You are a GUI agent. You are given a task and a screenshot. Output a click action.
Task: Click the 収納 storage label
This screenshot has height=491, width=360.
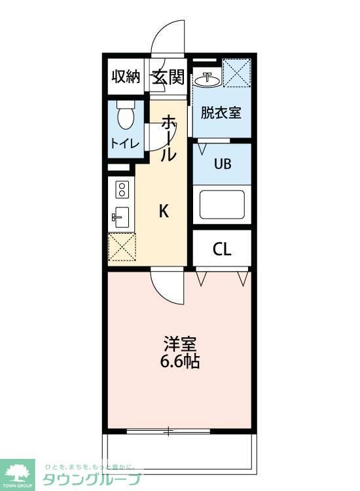(x=126, y=77)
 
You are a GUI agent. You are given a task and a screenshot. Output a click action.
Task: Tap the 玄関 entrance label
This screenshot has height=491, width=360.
(x=169, y=77)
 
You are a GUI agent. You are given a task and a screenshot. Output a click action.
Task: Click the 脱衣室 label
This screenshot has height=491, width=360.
(x=221, y=112)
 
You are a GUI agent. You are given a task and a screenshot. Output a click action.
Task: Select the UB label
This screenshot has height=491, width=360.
(x=222, y=164)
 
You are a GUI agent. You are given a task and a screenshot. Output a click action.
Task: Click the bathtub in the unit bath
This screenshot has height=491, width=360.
(x=222, y=205)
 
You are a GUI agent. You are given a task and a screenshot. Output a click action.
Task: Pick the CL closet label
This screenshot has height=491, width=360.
(x=222, y=249)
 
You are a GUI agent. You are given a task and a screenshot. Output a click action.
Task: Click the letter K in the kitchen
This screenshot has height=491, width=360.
(x=164, y=211)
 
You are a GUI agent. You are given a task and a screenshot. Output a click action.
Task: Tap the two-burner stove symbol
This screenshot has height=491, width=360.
(x=121, y=190)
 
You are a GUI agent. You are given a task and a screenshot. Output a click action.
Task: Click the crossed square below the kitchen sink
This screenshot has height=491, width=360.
(x=121, y=247)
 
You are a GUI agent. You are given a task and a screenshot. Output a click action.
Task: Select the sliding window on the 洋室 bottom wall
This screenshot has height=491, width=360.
(x=168, y=431)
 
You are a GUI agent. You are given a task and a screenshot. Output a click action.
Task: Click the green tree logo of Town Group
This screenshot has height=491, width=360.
(x=20, y=471)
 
